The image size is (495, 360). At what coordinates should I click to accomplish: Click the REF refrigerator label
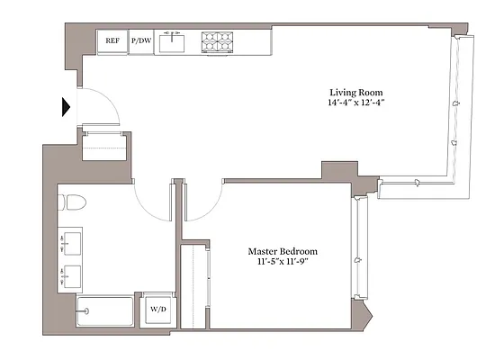pos(112,41)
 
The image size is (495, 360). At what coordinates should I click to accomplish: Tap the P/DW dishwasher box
pos(141,41)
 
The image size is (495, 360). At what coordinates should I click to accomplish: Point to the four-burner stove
pos(216,41)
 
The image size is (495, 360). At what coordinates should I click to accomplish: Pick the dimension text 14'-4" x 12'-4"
pos(356,103)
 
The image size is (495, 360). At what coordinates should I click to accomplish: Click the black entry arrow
pos(66,107)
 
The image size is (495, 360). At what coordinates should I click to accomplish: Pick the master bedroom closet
pos(195,283)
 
